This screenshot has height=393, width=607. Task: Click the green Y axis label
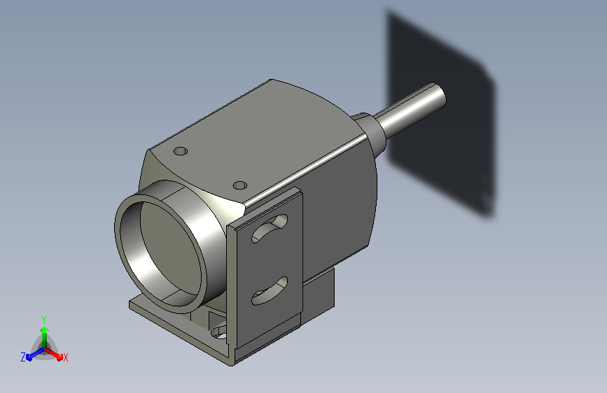pos(44,320)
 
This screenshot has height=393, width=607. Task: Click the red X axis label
pos(65,357)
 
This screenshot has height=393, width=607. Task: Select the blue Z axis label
pos(23,357)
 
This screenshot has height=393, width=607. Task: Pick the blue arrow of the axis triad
pos(35,354)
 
